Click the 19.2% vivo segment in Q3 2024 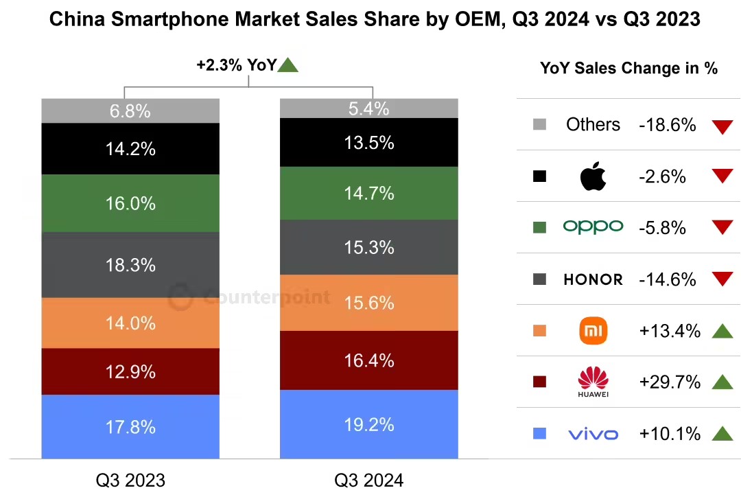point(368,424)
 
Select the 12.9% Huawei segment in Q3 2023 point(130,371)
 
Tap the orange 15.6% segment point(368,303)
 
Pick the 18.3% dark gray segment point(130,265)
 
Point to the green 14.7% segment point(368,193)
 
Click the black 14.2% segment point(130,148)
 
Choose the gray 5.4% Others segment point(368,108)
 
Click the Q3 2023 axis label point(130,480)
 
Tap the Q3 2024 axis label point(368,480)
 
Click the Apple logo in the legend point(593,176)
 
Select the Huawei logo point(593,382)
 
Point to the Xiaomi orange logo point(593,332)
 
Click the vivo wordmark point(593,434)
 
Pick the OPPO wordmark point(593,227)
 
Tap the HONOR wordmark point(593,279)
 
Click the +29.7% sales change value point(669,382)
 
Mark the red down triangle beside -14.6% point(722,279)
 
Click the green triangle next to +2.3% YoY point(289,66)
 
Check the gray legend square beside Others point(539,125)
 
